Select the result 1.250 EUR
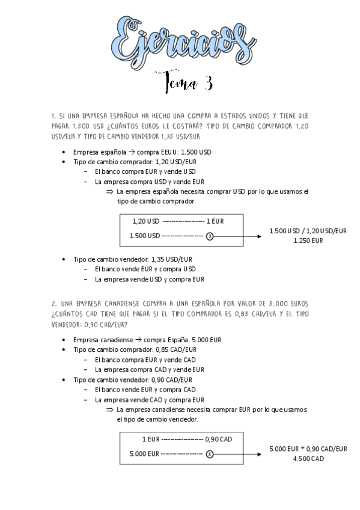[308, 241]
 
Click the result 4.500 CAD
[308, 459]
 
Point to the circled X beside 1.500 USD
[209, 236]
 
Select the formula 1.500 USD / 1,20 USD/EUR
[308, 231]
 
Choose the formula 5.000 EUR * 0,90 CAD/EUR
[308, 449]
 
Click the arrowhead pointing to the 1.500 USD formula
[259, 236]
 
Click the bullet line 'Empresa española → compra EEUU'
[142, 153]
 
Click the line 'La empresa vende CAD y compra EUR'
[150, 400]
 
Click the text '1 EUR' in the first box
[215, 221]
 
